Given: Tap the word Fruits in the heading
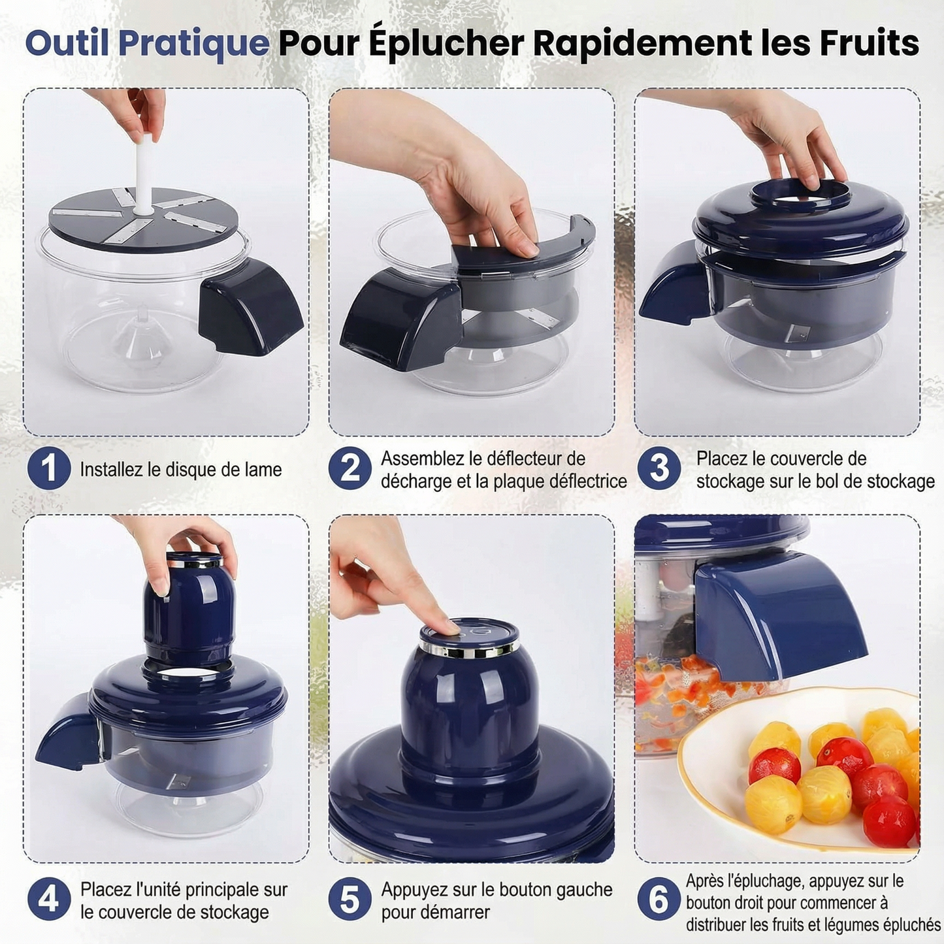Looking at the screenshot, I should (x=869, y=43).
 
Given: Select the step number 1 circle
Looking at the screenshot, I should (x=49, y=468).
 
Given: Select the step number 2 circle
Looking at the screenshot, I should (x=350, y=468).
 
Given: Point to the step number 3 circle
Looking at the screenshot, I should (x=659, y=468).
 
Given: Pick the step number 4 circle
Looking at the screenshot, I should (x=49, y=899).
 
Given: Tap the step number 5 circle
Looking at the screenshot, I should (x=350, y=899).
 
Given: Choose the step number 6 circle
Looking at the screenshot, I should (x=659, y=899).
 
